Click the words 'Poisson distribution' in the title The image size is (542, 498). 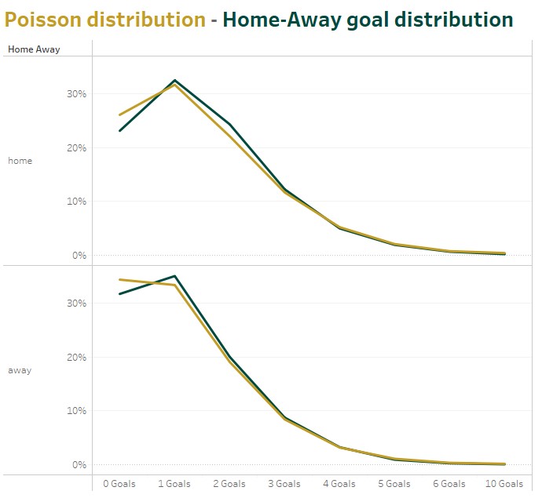pyautogui.click(x=105, y=20)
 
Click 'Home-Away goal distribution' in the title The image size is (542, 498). pyautogui.click(x=368, y=20)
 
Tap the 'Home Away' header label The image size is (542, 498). pyautogui.click(x=34, y=49)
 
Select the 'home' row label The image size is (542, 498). pyautogui.click(x=20, y=161)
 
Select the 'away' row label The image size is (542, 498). pyautogui.click(x=20, y=370)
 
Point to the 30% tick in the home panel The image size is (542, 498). pyautogui.click(x=76, y=94)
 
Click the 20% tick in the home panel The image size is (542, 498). pyautogui.click(x=76, y=147)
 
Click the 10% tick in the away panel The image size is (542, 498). pyautogui.click(x=76, y=411)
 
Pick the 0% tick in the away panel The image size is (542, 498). pyautogui.click(x=79, y=464)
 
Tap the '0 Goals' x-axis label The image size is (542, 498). pyautogui.click(x=119, y=484)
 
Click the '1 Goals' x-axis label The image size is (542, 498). pyautogui.click(x=174, y=484)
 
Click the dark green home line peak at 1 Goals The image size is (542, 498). pyautogui.click(x=174, y=80)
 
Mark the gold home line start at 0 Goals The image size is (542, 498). pyautogui.click(x=119, y=115)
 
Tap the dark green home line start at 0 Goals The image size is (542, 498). pyautogui.click(x=119, y=130)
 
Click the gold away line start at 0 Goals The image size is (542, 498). pyautogui.click(x=119, y=279)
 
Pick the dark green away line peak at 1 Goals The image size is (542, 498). pyautogui.click(x=174, y=276)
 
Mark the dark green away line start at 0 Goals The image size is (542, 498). pyautogui.click(x=119, y=294)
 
